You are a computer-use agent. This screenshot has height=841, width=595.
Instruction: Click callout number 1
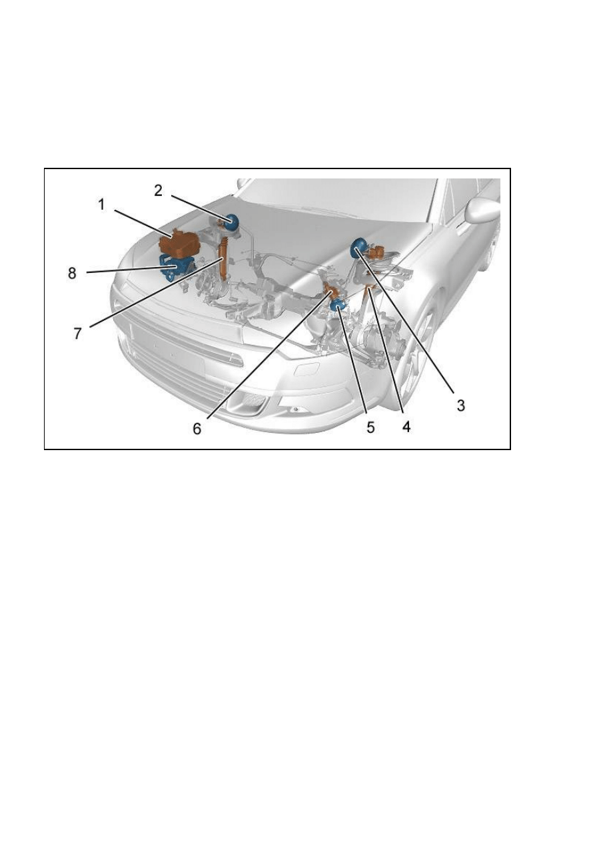[101, 205]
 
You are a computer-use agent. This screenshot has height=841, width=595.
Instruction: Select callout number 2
[159, 190]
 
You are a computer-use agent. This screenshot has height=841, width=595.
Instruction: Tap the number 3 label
[460, 405]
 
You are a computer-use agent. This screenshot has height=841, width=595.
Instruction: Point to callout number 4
[406, 427]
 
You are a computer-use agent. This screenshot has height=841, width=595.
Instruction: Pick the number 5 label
[370, 427]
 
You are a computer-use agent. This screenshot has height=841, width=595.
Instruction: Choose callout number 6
[197, 428]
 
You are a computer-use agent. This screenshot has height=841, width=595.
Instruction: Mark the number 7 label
[77, 333]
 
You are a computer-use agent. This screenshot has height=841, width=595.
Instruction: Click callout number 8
[72, 273]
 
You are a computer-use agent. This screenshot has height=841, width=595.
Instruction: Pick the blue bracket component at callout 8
[175, 267]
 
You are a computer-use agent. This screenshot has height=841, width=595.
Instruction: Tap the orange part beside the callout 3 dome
[376, 252]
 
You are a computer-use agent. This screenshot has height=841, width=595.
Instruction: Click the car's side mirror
[482, 211]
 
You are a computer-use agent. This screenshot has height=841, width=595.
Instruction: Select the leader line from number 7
[155, 293]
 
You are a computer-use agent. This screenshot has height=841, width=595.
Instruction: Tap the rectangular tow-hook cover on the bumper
[306, 369]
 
